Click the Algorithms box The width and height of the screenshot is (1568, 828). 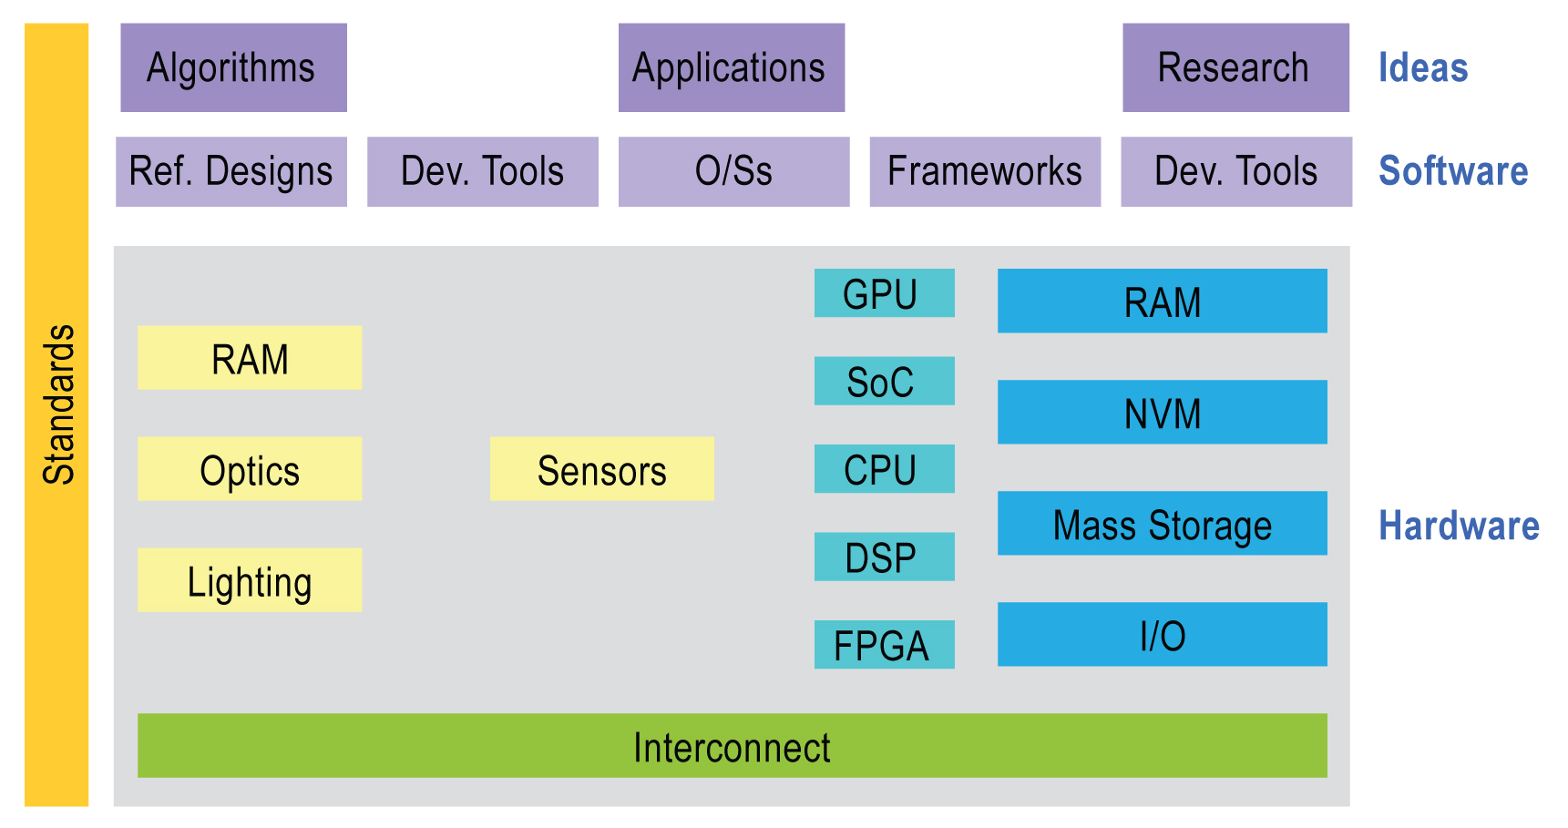pyautogui.click(x=233, y=67)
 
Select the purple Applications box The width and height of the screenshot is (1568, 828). pyautogui.click(x=732, y=67)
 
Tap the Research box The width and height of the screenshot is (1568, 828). pyautogui.click(x=1235, y=67)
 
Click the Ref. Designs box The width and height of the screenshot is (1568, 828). pyautogui.click(x=231, y=171)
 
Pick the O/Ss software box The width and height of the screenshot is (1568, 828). pyautogui.click(x=733, y=171)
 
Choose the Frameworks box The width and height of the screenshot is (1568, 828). pyautogui.click(x=985, y=171)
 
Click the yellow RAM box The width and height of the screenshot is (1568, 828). pyautogui.click(x=250, y=357)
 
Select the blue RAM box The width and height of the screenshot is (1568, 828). pyautogui.click(x=1162, y=301)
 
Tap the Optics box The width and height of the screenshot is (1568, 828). pyautogui.click(x=250, y=468)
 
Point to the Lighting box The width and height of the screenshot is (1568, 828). pyautogui.click(x=250, y=579)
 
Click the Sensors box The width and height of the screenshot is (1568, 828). pyautogui.click(x=601, y=468)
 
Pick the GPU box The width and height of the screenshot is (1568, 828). pyautogui.click(x=884, y=292)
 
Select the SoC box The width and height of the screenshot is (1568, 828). pyautogui.click(x=884, y=381)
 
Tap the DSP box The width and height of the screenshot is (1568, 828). pyautogui.click(x=884, y=557)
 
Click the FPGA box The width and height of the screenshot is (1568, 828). pyautogui.click(x=884, y=644)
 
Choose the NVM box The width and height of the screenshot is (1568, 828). pyautogui.click(x=1162, y=412)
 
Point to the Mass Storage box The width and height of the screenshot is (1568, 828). pyautogui.click(x=1162, y=523)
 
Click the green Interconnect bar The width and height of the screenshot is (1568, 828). pyautogui.click(x=732, y=745)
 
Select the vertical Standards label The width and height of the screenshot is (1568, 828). pyautogui.click(x=59, y=404)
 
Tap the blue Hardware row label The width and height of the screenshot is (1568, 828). pyautogui.click(x=1459, y=526)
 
